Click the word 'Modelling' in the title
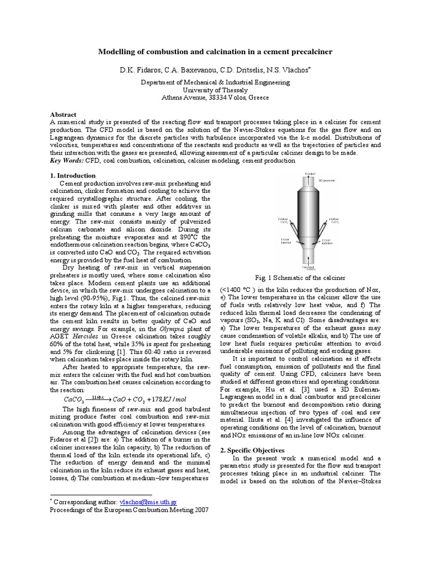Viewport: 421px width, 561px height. point(117,52)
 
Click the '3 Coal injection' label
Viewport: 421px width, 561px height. point(286,241)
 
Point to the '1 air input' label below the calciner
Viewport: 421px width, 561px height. point(310,268)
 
